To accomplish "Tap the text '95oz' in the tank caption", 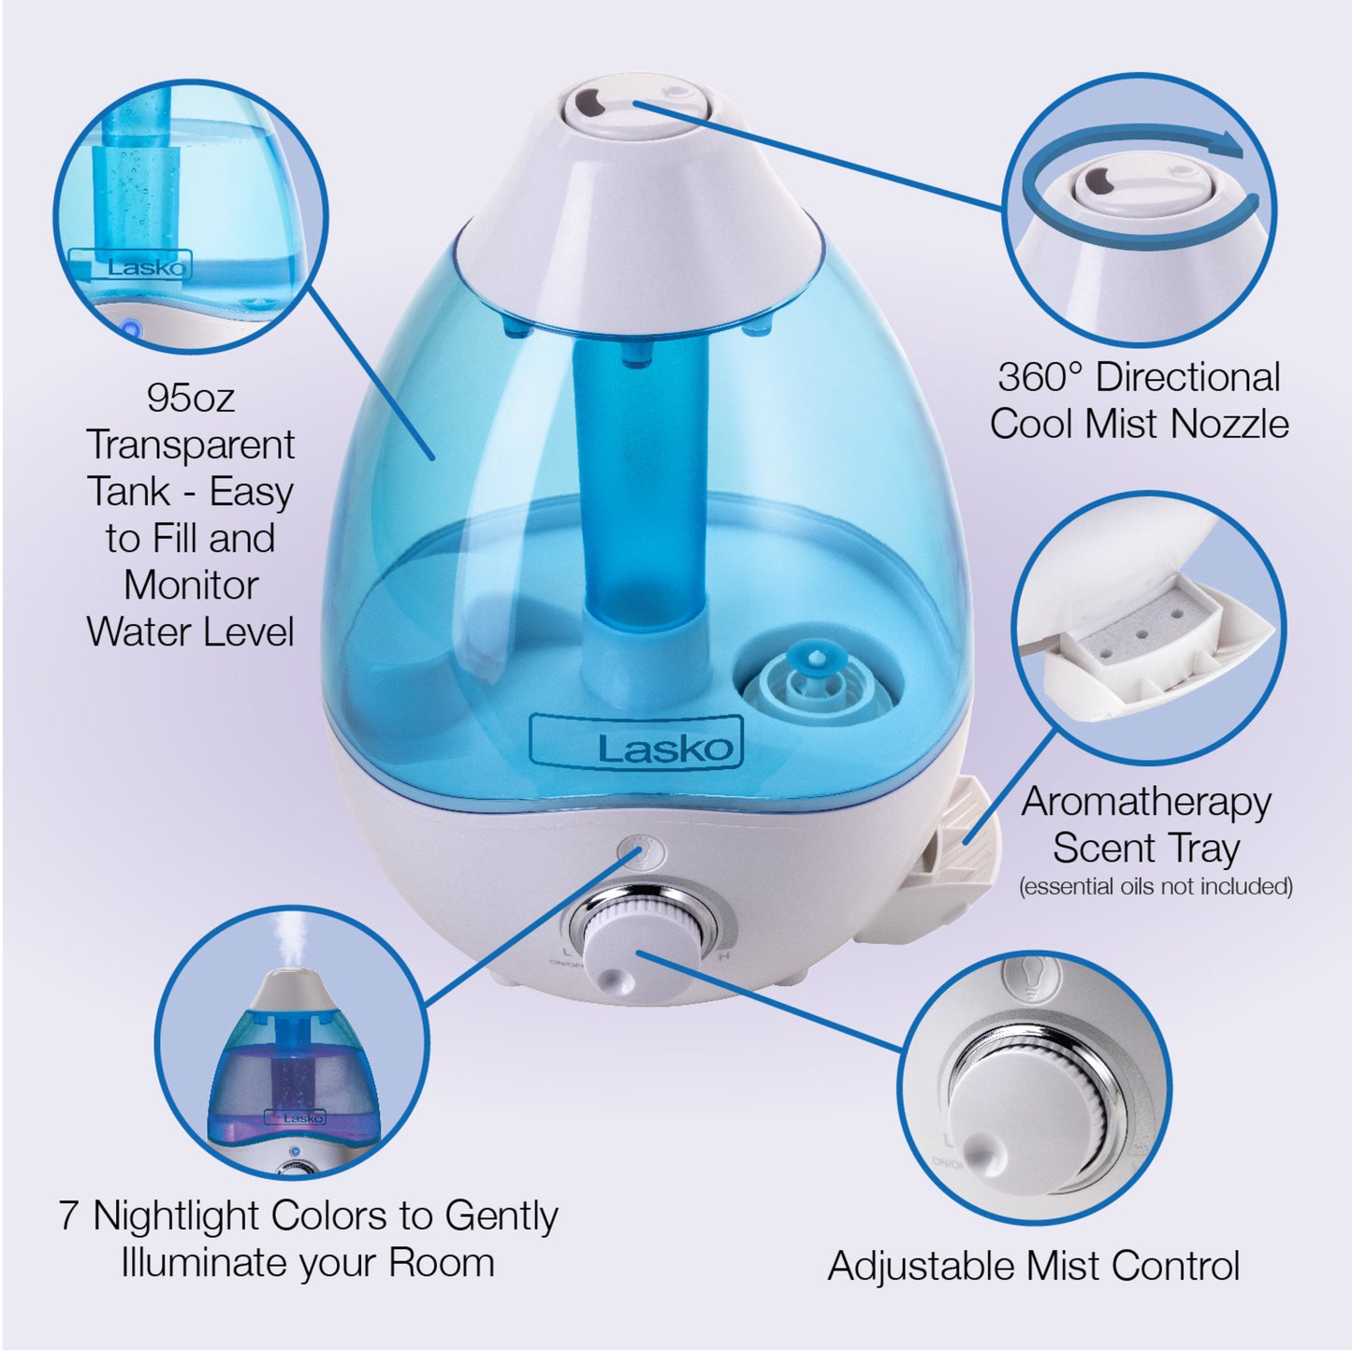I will click(191, 399).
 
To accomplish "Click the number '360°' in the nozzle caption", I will click(1039, 378).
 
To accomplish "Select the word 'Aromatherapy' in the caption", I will click(1146, 802).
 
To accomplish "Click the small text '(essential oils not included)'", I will click(1155, 886).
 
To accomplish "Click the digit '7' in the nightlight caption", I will click(68, 1216).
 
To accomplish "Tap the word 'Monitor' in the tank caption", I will click(191, 586).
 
